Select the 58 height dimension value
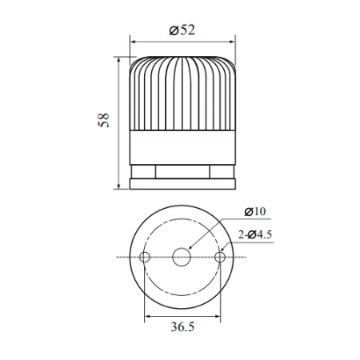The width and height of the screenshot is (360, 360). pos(103,122)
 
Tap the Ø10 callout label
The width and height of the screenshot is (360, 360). pos(254,211)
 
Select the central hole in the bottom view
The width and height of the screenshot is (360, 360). pos(182,257)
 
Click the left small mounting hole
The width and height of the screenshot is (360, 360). pos(145,257)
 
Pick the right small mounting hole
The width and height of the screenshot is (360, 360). pos(220,257)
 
